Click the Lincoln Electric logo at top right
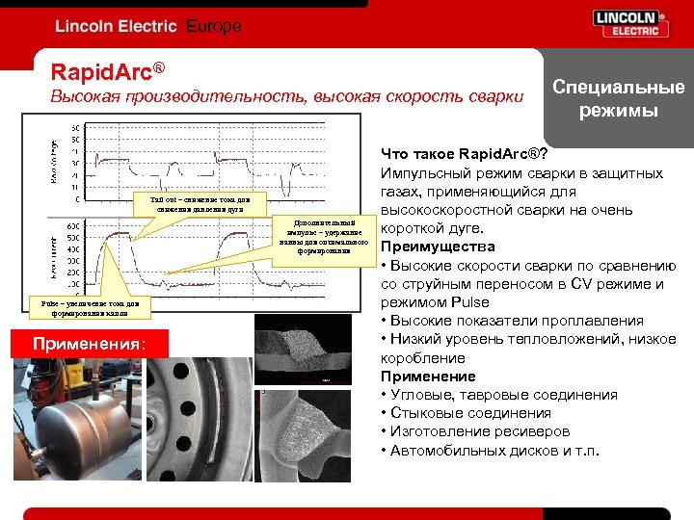630,24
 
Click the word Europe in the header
213,26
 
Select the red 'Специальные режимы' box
618,98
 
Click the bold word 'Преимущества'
438,247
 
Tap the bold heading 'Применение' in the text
428,376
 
